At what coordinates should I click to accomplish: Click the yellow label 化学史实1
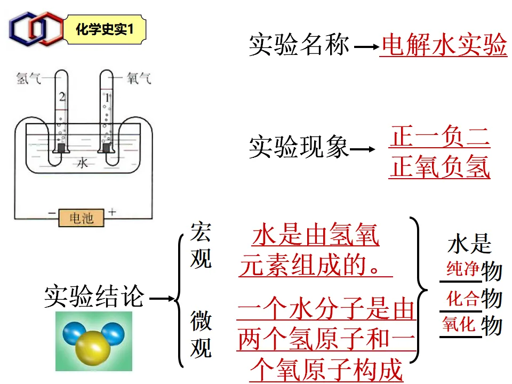(104, 30)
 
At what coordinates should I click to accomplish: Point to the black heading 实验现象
(299, 147)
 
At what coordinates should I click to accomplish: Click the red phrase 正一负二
(439, 138)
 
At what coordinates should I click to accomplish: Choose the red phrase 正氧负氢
(439, 168)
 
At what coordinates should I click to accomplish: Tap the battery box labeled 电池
(81, 218)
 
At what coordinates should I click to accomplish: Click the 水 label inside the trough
(82, 163)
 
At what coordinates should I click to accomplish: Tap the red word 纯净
(462, 269)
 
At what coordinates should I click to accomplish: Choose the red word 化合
(462, 299)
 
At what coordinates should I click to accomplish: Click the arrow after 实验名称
(365, 47)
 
